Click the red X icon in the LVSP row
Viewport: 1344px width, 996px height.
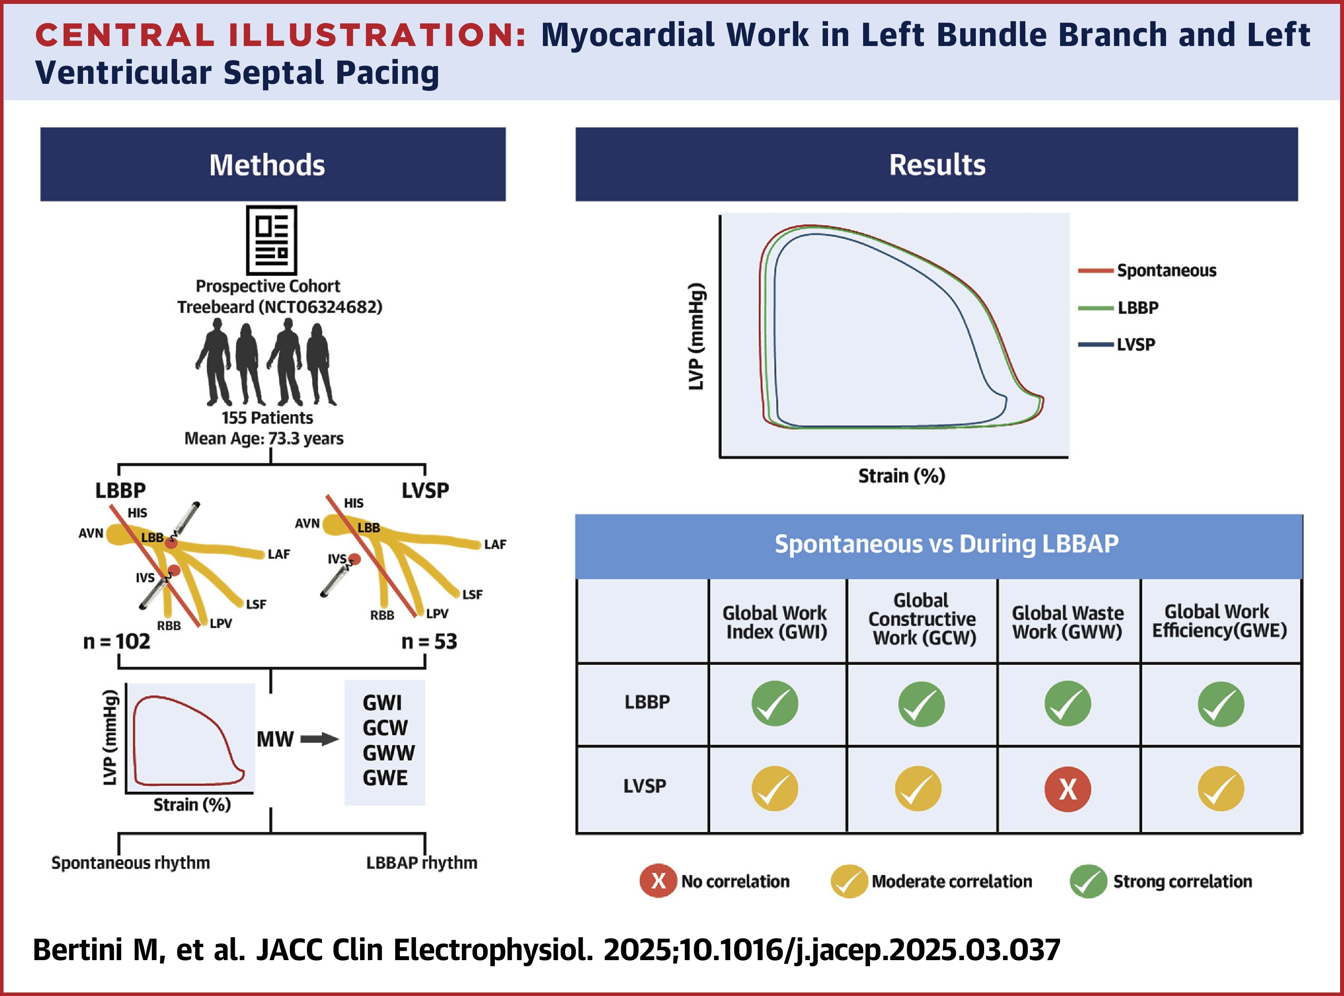1067,789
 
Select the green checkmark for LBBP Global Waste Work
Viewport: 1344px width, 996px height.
1067,704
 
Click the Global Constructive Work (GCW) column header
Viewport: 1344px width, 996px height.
922,619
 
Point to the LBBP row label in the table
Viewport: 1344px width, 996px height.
647,702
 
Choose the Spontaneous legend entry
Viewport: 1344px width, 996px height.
1166,271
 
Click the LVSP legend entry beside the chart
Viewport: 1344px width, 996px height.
1135,345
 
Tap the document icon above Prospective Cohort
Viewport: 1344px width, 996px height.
271,240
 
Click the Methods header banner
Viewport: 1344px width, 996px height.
273,165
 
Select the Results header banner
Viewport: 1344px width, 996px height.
936,165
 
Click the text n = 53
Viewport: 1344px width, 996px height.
429,642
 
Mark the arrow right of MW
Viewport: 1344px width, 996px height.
319,739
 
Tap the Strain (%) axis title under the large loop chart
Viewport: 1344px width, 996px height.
901,476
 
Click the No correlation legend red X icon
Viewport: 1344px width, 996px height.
658,881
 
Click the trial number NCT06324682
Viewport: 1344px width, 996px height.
320,307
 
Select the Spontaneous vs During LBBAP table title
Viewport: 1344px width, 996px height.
946,544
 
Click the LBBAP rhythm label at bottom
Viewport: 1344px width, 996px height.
422,863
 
